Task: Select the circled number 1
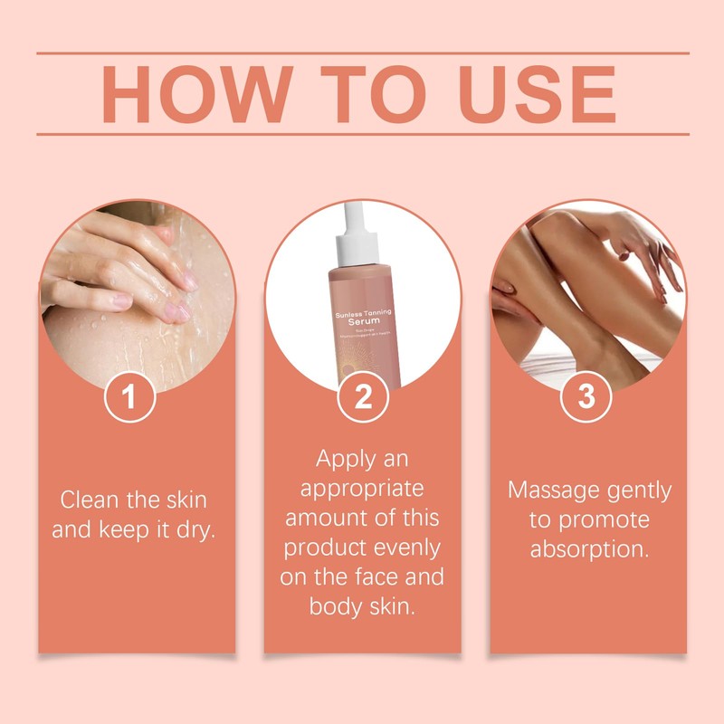(x=131, y=398)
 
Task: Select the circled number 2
(x=363, y=398)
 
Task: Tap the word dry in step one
(x=195, y=529)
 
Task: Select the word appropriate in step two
(x=362, y=490)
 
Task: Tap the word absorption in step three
(x=589, y=550)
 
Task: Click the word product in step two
(x=321, y=548)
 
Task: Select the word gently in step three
(x=640, y=491)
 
